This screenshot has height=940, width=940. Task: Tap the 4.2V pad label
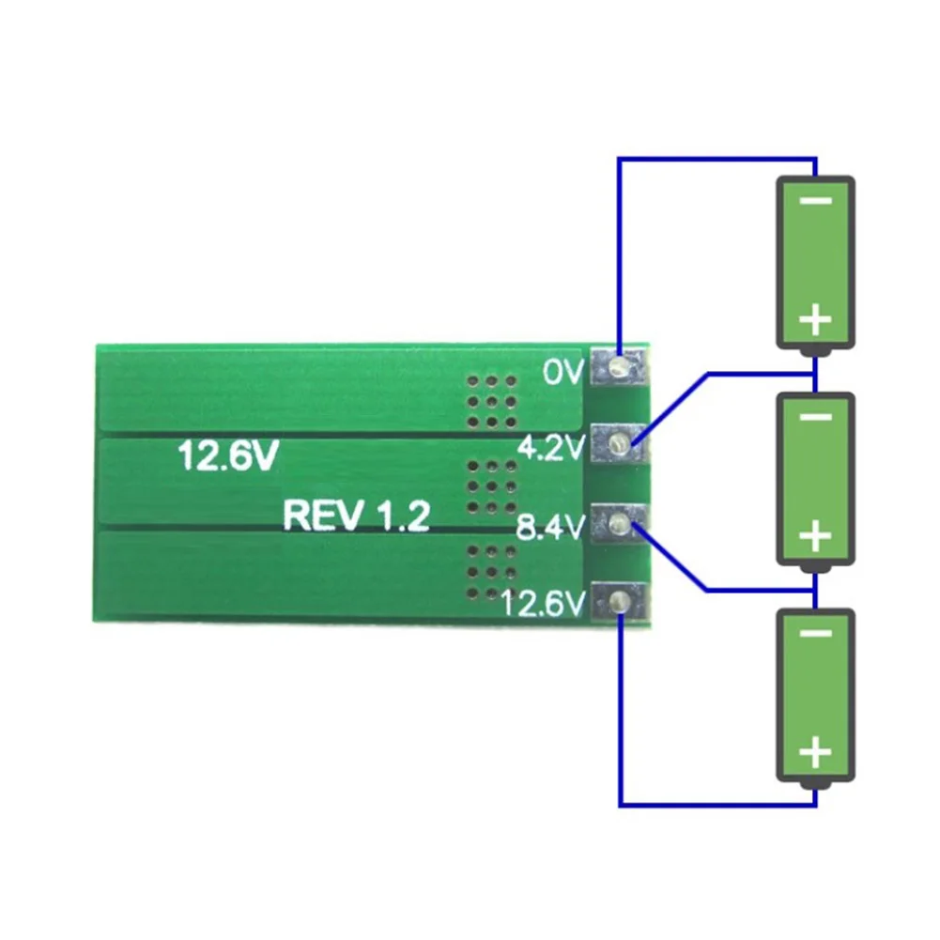tap(551, 449)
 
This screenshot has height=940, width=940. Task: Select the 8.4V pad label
tap(551, 529)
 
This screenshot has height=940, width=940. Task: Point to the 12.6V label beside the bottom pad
tap(545, 602)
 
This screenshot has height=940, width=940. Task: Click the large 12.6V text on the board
tap(228, 457)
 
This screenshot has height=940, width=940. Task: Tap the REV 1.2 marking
tap(357, 516)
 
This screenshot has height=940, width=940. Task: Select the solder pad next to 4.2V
tap(618, 442)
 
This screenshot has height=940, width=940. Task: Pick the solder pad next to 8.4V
tap(618, 523)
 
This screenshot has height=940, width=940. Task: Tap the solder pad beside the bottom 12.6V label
tap(618, 601)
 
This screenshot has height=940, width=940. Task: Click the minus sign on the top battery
tap(815, 202)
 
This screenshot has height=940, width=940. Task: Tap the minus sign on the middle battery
tap(815, 417)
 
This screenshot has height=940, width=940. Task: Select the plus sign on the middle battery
tap(815, 537)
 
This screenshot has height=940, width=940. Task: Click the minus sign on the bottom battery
tap(815, 634)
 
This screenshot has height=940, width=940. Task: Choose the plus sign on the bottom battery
tap(815, 753)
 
